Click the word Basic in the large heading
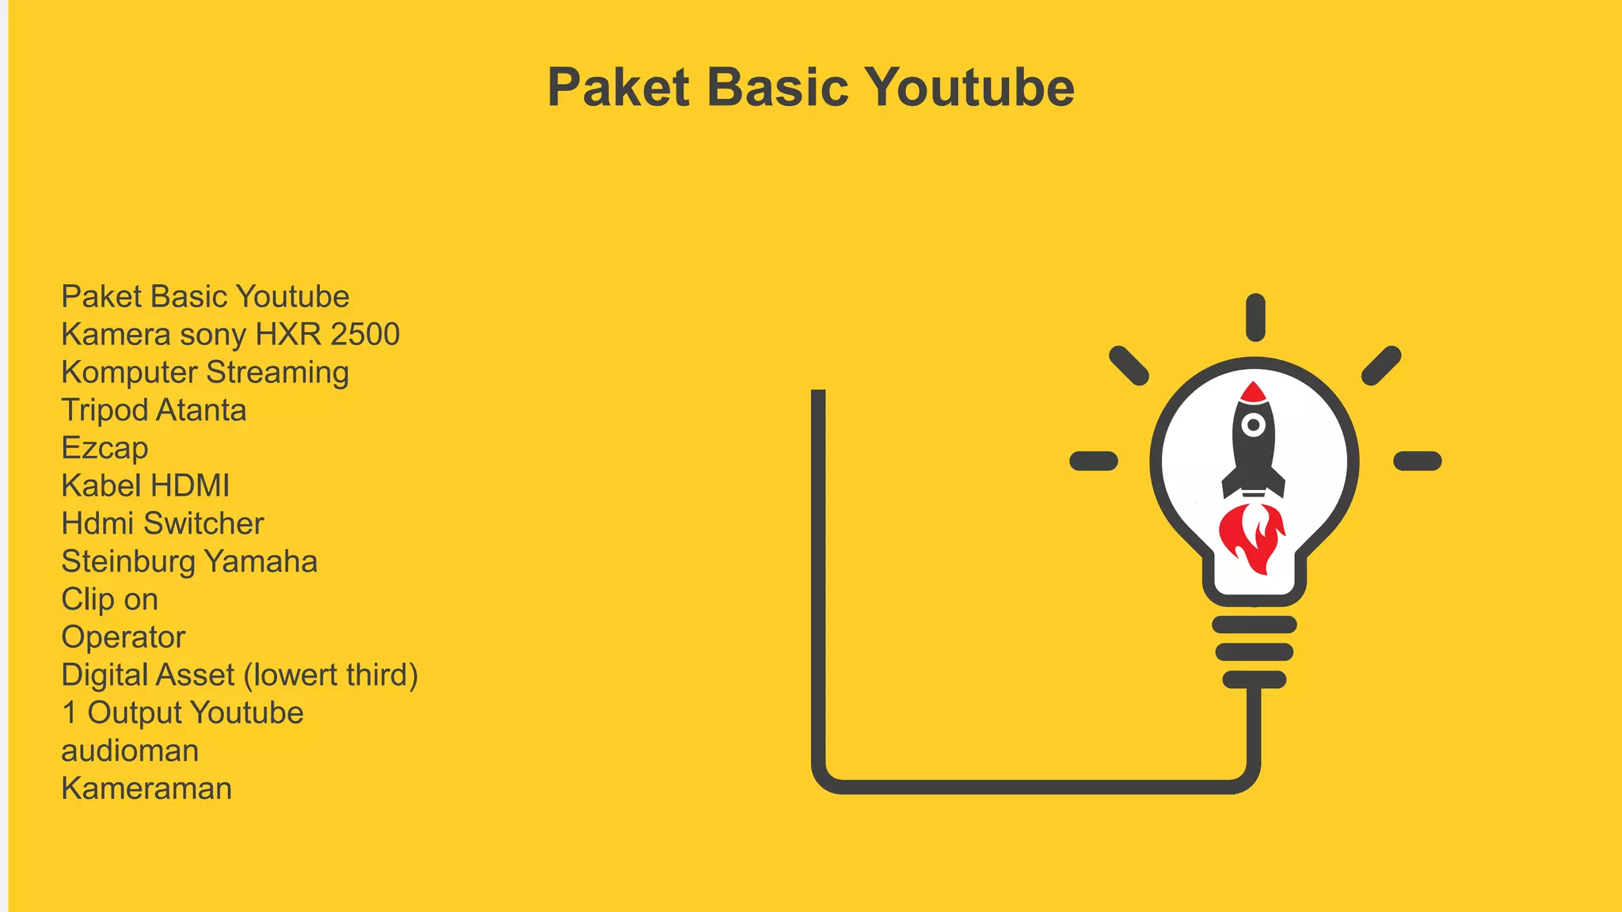777,87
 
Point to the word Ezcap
105,449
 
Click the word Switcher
204,524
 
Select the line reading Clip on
109,600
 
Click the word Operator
124,637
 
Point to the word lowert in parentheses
295,675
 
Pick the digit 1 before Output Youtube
70,713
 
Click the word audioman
130,751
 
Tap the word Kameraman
147,789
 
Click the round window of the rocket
1254,425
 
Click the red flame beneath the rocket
1252,538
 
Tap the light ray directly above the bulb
1255,317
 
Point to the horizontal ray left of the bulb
1094,461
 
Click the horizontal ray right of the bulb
1417,461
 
